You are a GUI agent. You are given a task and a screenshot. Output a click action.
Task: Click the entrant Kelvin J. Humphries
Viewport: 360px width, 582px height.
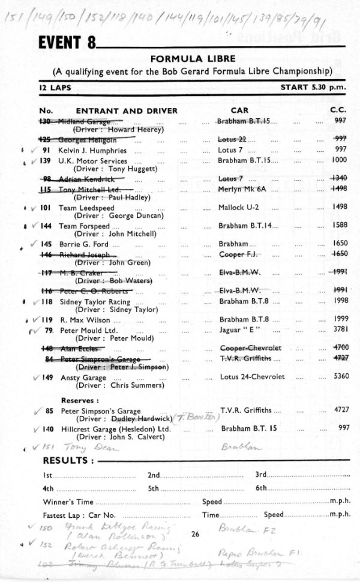coord(92,150)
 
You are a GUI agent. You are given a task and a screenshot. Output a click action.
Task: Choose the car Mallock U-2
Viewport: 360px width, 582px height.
coord(238,208)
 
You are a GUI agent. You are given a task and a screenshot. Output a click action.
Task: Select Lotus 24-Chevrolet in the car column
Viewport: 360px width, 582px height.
coord(252,377)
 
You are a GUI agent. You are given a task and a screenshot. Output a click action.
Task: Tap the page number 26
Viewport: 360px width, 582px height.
coord(194,533)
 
